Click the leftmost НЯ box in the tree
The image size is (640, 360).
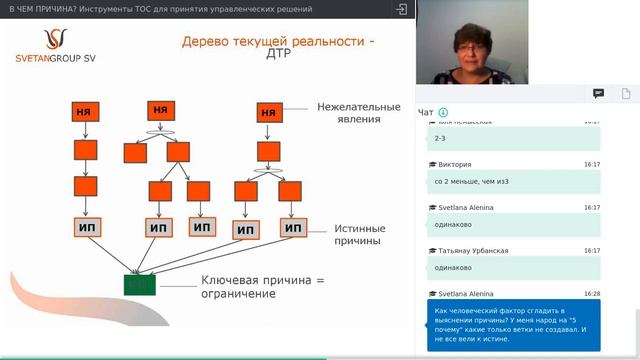pos(84,111)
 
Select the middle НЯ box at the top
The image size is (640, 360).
pos(160,110)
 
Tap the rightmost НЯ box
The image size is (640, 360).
pos(268,113)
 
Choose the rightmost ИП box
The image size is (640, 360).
pos(292,227)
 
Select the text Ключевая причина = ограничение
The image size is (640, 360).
pos(263,287)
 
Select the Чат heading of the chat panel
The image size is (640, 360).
pos(426,112)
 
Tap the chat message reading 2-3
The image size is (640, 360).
pos(441,138)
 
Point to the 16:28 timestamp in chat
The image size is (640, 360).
pos(592,294)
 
